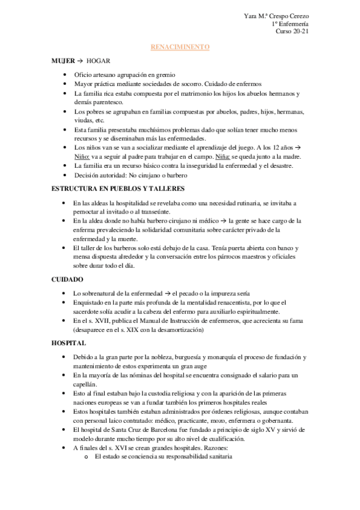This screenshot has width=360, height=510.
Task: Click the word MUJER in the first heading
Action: [x=63, y=61]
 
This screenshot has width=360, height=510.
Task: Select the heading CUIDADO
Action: [x=67, y=280]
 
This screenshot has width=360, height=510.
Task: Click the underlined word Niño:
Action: [x=82, y=156]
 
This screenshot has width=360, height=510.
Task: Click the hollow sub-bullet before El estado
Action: [x=88, y=456]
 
